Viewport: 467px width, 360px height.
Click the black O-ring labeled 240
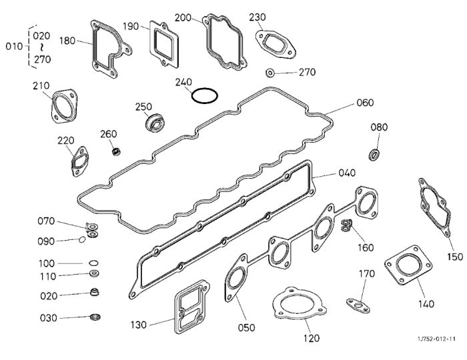[192, 95]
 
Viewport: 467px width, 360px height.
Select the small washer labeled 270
[270, 73]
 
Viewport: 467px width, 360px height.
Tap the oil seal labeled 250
[155, 122]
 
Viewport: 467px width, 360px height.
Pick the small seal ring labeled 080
[374, 155]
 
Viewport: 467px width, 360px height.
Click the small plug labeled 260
[116, 151]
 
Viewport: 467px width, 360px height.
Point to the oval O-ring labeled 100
[93, 263]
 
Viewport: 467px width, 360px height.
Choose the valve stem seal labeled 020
[95, 292]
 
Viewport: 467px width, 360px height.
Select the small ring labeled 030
[95, 317]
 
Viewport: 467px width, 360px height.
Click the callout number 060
[365, 103]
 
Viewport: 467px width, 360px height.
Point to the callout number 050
[246, 327]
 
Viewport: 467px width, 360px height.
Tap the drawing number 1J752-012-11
[436, 339]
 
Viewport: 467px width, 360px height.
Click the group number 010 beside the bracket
[14, 47]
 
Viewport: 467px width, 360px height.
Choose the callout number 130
[139, 325]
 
